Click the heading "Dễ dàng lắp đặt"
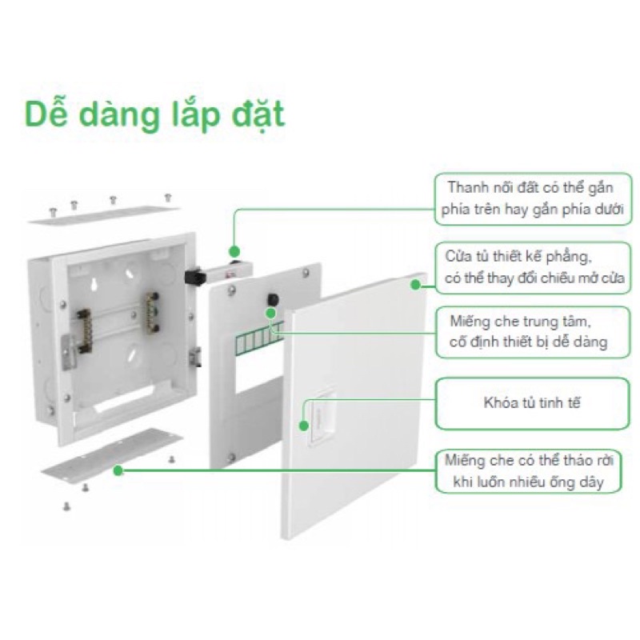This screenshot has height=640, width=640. [x=154, y=114]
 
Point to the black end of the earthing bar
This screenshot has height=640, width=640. [x=192, y=277]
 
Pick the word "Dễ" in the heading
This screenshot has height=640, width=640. [x=44, y=114]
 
